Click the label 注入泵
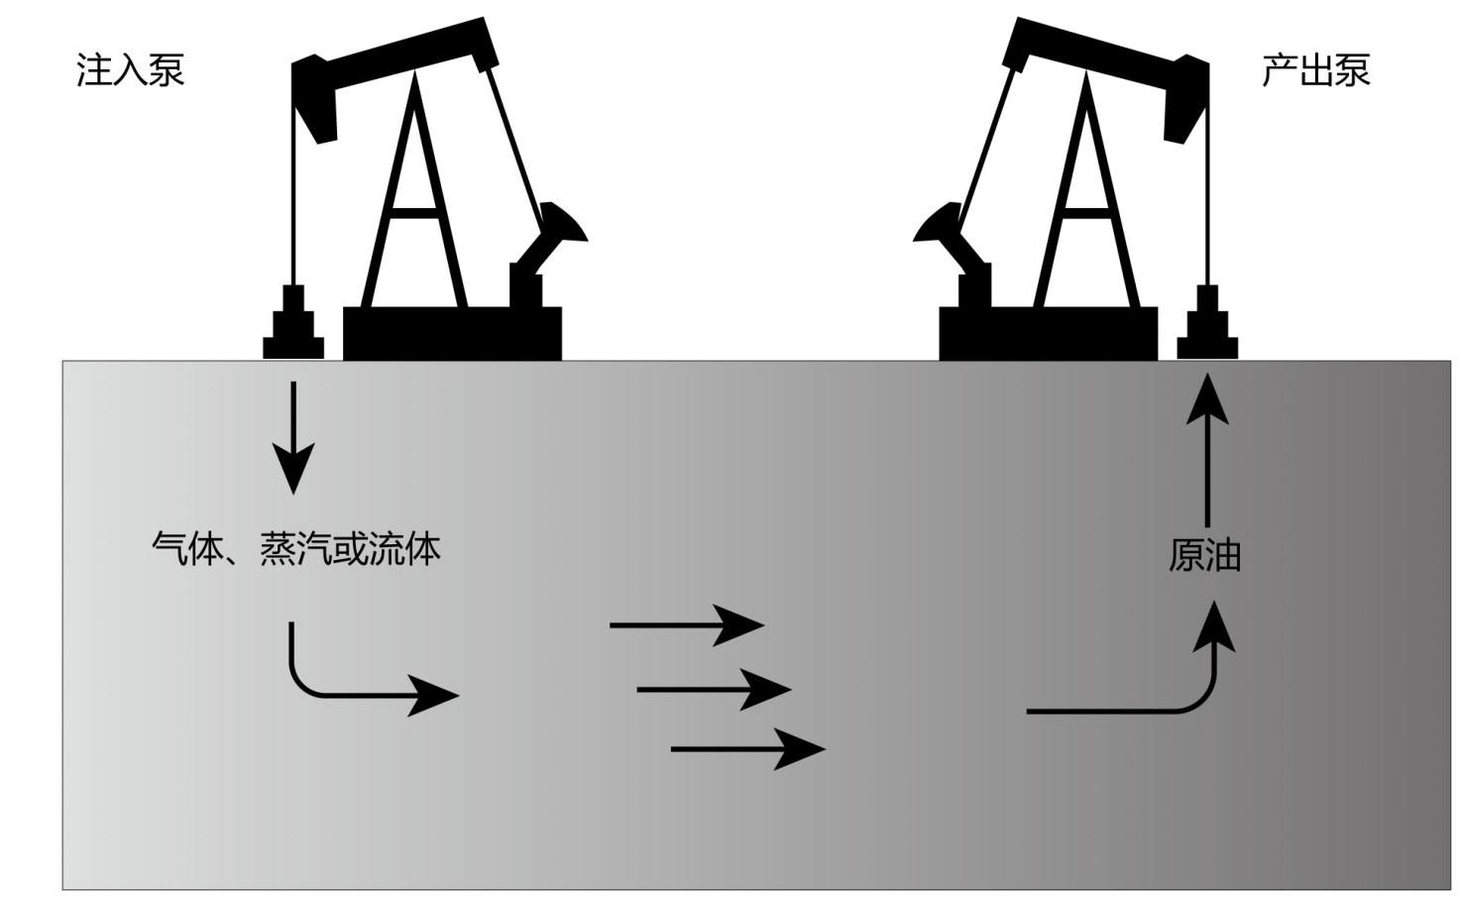pos(131,70)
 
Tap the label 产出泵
pos(1315,70)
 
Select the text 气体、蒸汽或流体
pos(295,548)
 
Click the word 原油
pos(1204,555)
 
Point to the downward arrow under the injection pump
pos(293,436)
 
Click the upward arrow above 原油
pos(1207,446)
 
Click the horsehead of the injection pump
pos(315,99)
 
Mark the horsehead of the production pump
pos(1185,99)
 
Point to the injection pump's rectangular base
pos(452,333)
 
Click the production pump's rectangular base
pos(1048,333)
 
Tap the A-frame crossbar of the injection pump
pos(414,211)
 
